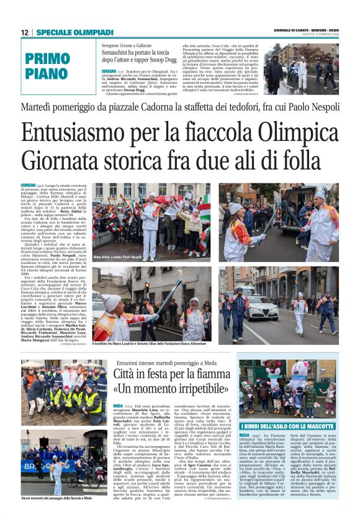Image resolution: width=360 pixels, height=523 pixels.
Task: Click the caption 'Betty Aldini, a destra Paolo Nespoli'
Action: click(x=118, y=257)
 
